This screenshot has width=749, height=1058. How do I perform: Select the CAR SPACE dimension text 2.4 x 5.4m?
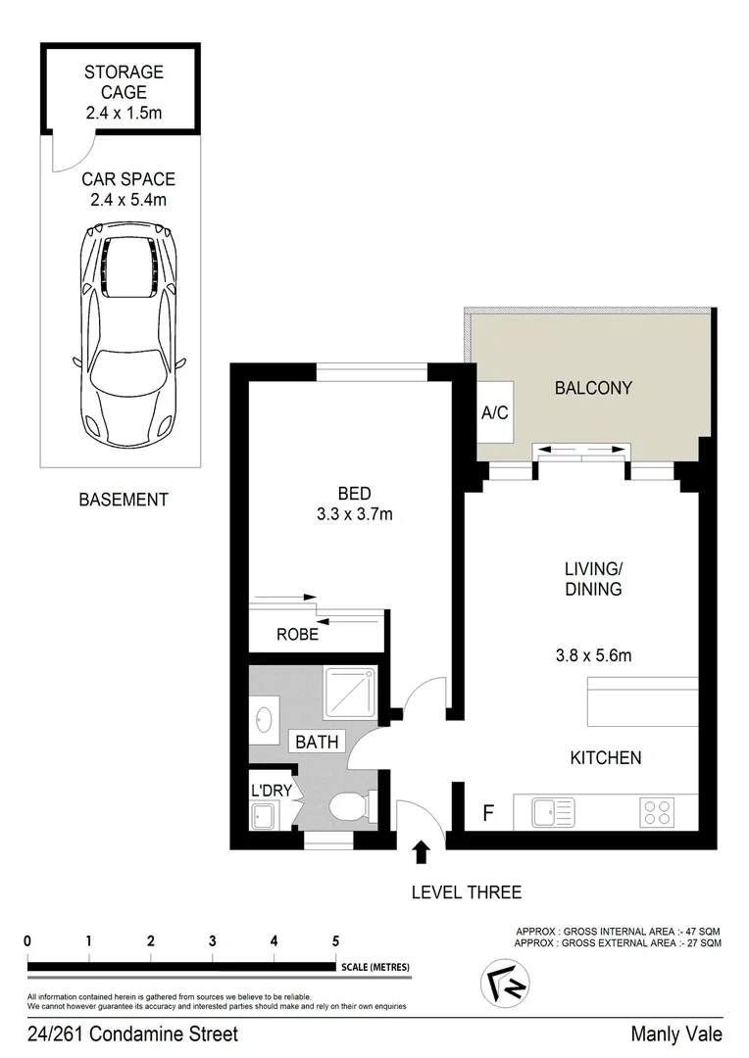(127, 201)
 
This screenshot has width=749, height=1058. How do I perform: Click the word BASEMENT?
(123, 500)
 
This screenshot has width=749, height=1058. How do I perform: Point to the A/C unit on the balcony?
(494, 412)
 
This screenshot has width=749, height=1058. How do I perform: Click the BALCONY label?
(593, 388)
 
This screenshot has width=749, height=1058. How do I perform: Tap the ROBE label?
(297, 634)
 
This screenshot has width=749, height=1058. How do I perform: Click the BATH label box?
(317, 742)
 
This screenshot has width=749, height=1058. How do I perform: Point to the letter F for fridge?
(487, 813)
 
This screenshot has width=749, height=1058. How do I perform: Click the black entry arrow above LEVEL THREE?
(422, 851)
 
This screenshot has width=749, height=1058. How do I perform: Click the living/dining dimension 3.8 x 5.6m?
(592, 655)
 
